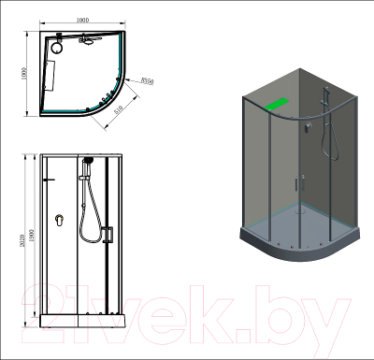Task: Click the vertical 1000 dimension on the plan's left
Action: [x=26, y=74]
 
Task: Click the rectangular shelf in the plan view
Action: [x=52, y=75]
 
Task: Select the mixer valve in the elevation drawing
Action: [x=59, y=221]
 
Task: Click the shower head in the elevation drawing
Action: [x=85, y=162]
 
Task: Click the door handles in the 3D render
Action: [x=302, y=185]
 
